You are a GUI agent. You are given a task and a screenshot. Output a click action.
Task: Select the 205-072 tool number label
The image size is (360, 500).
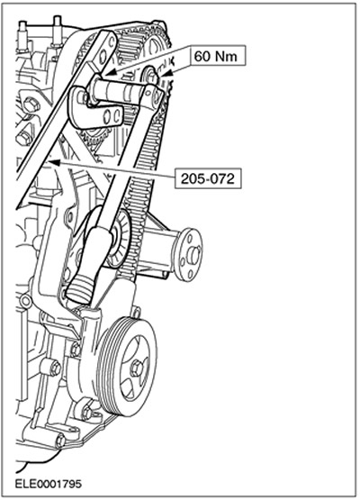207,178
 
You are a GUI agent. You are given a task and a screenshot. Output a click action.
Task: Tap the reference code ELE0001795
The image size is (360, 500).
49,484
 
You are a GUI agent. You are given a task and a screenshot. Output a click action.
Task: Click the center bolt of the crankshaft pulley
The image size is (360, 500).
137,366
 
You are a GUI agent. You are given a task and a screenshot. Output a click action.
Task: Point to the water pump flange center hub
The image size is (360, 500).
193,253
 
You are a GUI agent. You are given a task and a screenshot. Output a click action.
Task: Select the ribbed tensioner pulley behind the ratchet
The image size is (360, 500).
119,239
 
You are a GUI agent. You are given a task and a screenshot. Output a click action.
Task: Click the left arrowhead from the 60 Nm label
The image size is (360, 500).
110,73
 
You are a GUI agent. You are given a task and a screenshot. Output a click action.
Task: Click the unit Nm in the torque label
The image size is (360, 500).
226,57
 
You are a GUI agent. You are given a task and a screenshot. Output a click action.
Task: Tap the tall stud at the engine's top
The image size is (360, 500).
58,31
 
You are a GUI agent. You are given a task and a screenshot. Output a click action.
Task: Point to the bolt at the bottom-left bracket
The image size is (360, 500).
60,441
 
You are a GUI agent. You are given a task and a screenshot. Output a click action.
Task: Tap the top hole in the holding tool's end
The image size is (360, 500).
112,41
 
